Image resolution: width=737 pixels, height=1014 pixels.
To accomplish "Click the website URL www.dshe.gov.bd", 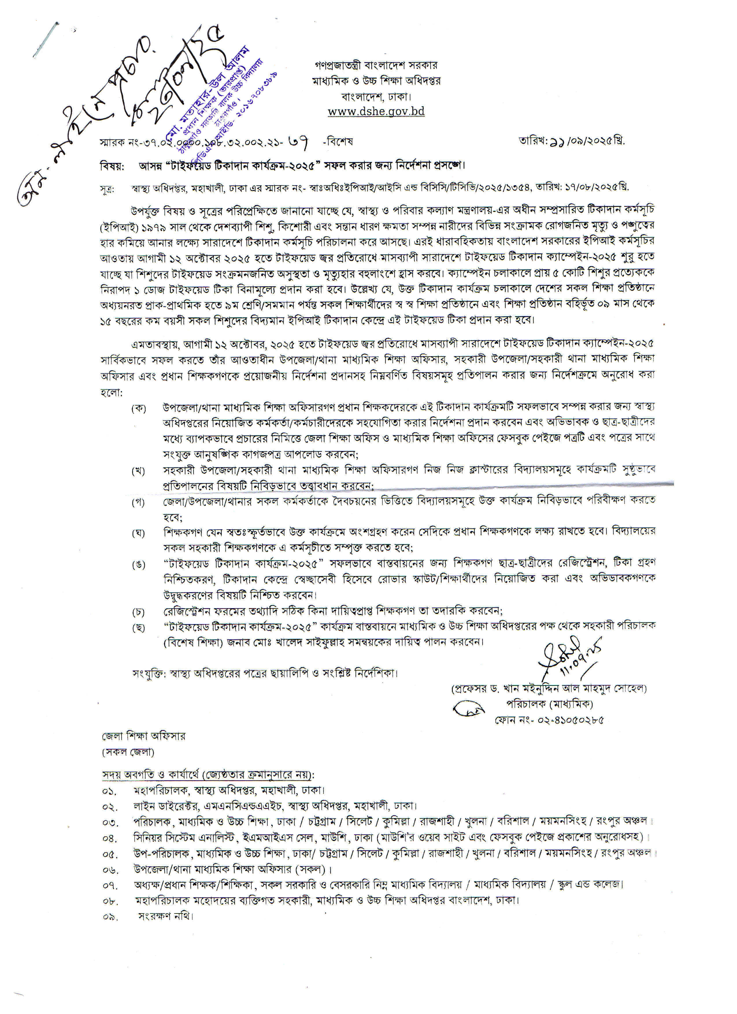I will tap(376, 111).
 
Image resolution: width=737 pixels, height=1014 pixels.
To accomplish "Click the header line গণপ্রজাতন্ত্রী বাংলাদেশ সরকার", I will tap(376, 65).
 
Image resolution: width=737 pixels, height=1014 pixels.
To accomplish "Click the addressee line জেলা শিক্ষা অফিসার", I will tap(143, 736).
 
